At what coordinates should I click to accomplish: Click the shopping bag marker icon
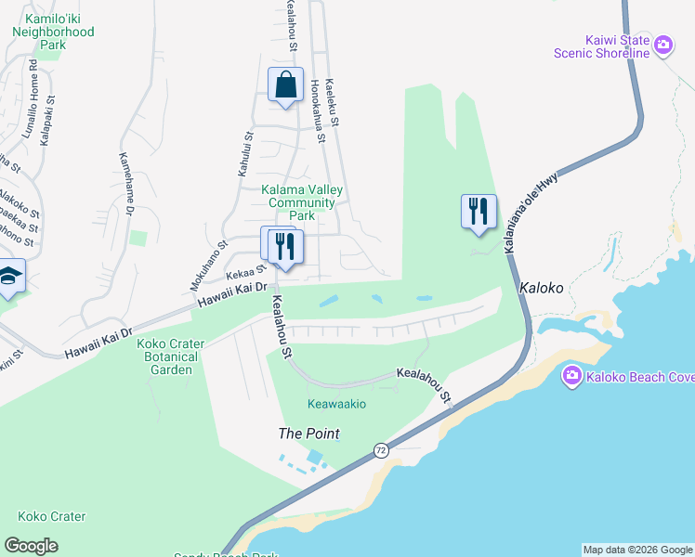point(286,84)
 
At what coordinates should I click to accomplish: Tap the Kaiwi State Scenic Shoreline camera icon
point(663,45)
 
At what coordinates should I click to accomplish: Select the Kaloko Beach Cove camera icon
point(572,375)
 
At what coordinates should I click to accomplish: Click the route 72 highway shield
point(381,450)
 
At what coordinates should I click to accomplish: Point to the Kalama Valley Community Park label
point(301,202)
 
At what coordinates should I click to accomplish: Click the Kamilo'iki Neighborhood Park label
point(53,31)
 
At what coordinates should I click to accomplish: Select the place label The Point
point(309,434)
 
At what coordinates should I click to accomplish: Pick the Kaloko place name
point(542,288)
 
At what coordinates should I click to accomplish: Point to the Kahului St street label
point(245,155)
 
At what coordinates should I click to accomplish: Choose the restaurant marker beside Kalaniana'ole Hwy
point(479,212)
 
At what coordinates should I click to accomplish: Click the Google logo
point(31,546)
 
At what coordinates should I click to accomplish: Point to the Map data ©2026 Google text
point(637,550)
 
